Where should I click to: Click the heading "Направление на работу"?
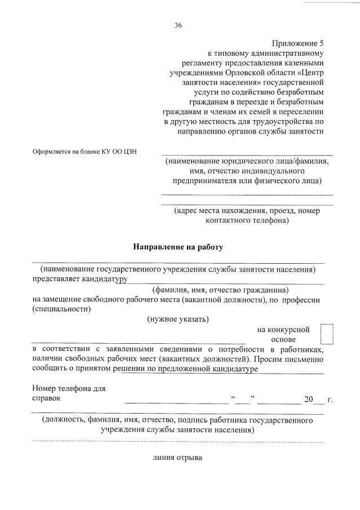(178, 247)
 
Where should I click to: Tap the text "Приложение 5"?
(299, 43)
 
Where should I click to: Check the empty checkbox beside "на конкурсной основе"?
(327, 334)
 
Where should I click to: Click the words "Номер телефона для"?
(69, 388)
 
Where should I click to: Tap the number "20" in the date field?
(308, 400)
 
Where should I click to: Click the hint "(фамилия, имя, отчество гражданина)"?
(221, 289)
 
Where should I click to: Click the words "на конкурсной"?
(283, 329)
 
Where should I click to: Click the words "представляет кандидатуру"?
(80, 278)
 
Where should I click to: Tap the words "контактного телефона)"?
(247, 220)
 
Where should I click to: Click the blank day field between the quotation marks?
(243, 400)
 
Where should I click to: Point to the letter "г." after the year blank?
(330, 400)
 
